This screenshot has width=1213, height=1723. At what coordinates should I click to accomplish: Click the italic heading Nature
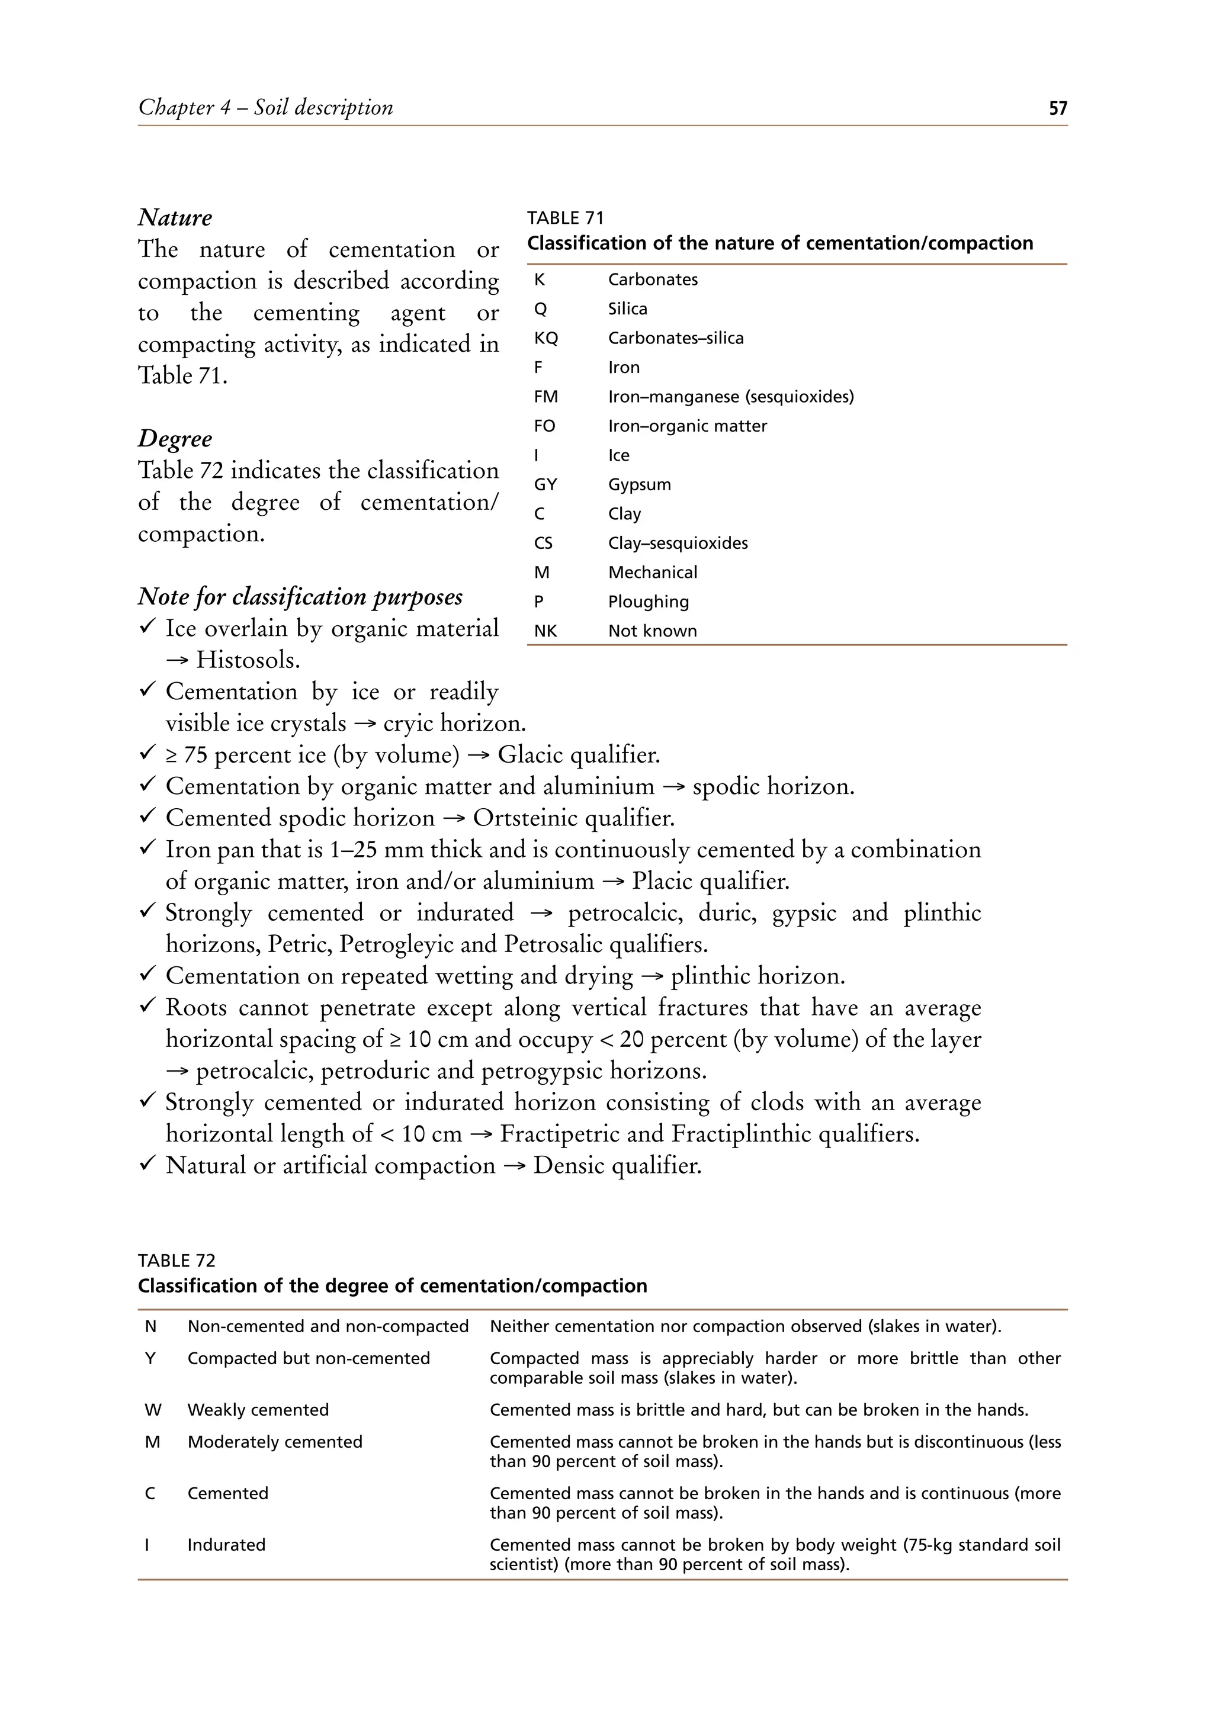coord(175,218)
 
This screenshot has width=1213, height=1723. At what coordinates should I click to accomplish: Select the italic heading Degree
coord(175,439)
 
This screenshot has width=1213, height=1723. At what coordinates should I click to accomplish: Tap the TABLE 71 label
coord(565,218)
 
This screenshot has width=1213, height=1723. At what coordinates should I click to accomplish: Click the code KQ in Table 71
coord(545,339)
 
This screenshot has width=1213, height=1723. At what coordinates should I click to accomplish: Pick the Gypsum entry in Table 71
coord(638,485)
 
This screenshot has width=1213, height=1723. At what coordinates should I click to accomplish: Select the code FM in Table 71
coord(545,397)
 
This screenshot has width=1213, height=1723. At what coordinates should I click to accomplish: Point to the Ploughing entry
coord(648,602)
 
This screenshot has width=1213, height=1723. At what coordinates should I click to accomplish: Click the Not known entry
coord(652,631)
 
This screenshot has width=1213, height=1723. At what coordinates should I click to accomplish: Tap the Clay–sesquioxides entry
coord(677,544)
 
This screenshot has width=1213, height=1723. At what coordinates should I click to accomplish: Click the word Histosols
coord(247,660)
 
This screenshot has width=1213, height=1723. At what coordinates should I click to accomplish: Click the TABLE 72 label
coord(177,1261)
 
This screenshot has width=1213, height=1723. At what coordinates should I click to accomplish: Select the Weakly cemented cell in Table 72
coord(258,1410)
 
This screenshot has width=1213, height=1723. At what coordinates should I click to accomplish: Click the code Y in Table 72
coord(150,1359)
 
